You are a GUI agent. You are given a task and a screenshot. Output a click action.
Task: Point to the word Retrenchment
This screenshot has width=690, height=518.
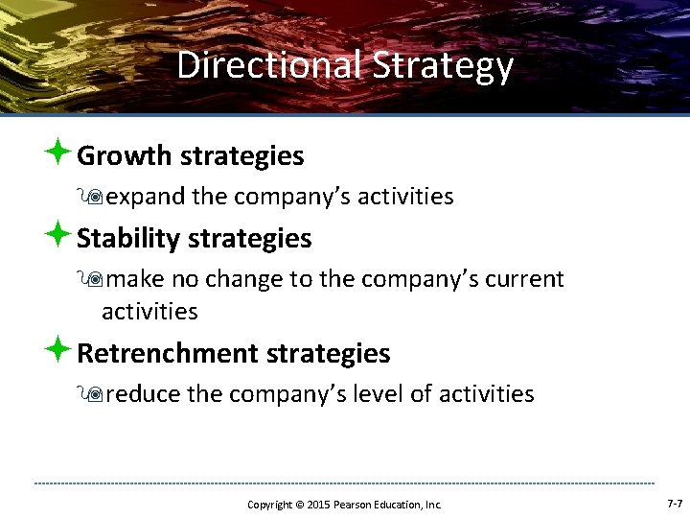point(167,353)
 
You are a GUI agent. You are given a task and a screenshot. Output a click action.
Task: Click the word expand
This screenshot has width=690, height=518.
point(147,198)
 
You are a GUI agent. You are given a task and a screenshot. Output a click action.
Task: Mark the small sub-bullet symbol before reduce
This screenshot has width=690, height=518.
point(93,394)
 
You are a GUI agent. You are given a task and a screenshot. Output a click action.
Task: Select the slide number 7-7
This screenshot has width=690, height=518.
point(674,504)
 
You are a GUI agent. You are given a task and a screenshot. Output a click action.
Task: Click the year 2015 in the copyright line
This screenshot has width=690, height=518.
point(318,505)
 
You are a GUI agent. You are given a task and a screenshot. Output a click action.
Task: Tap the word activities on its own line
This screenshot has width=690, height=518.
point(149,312)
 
